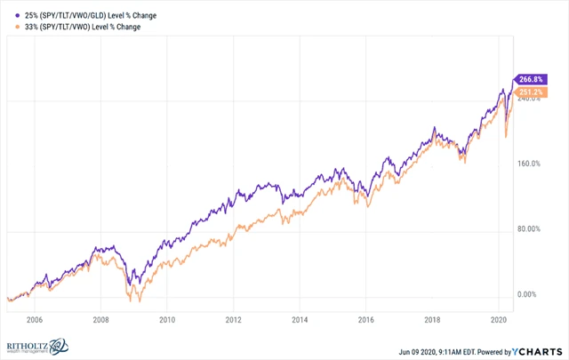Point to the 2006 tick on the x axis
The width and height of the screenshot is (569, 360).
click(x=35, y=318)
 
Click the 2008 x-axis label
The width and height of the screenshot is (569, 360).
click(x=100, y=318)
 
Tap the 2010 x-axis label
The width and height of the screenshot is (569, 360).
click(x=167, y=318)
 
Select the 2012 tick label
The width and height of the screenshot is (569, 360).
click(x=233, y=318)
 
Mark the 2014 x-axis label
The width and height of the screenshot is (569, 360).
click(x=300, y=318)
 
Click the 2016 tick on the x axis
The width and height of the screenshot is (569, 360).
click(x=365, y=318)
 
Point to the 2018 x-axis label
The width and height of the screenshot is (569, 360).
click(x=432, y=318)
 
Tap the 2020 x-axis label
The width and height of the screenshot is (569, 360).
click(x=498, y=318)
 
